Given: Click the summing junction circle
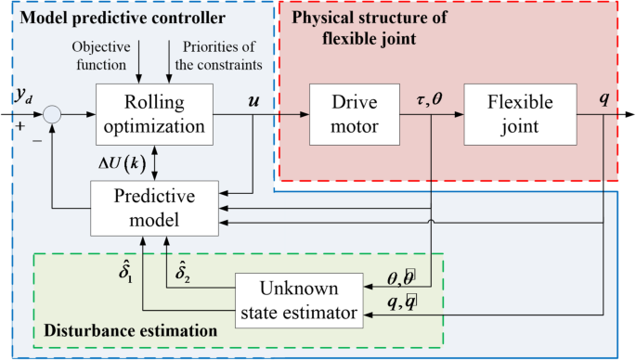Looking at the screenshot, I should tap(53, 114).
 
